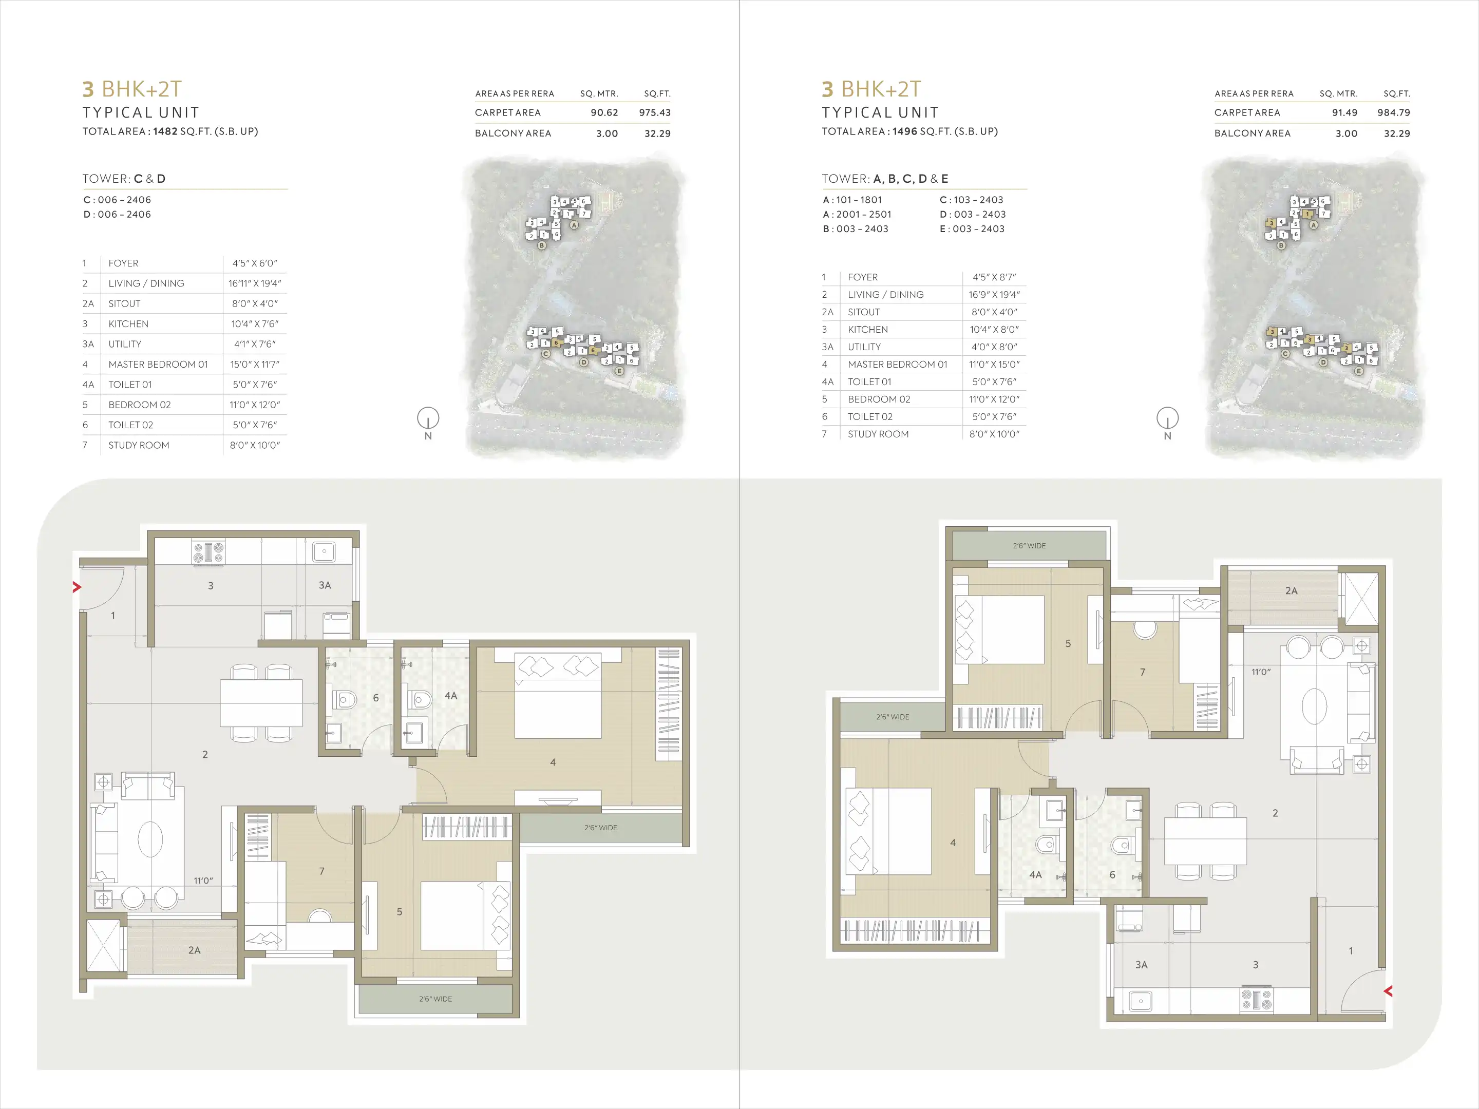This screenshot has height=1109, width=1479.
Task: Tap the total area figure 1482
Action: point(165,131)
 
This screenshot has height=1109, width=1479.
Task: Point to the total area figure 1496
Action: point(905,131)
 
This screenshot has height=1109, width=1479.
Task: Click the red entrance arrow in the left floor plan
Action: point(77,587)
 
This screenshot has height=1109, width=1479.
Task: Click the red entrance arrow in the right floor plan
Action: point(1388,991)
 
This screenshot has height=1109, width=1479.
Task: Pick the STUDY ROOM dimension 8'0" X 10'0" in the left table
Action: point(255,445)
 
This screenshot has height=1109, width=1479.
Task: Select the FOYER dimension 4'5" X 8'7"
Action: point(994,277)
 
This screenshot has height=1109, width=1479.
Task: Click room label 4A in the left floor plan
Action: point(451,695)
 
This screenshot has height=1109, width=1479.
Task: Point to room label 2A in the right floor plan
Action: point(1291,591)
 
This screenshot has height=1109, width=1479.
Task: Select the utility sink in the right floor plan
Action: point(1141,1001)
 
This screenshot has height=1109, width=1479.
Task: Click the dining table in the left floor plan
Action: point(261,702)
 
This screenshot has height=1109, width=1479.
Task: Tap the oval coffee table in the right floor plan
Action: point(1315,706)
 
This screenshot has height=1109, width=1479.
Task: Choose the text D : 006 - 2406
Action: point(117,215)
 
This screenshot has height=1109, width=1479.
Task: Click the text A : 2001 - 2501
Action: point(857,215)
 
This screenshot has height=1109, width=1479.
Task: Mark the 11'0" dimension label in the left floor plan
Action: point(203,881)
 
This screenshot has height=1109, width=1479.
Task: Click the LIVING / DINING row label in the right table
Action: point(885,295)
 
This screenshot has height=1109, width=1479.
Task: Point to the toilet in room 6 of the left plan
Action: point(345,700)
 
